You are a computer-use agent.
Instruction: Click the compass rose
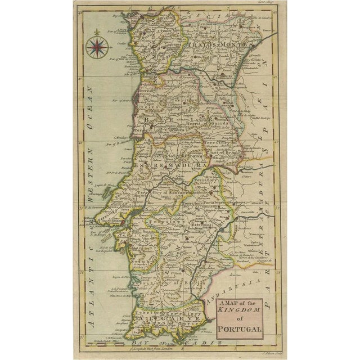(97, 47)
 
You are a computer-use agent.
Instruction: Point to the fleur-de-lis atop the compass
(97, 33)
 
